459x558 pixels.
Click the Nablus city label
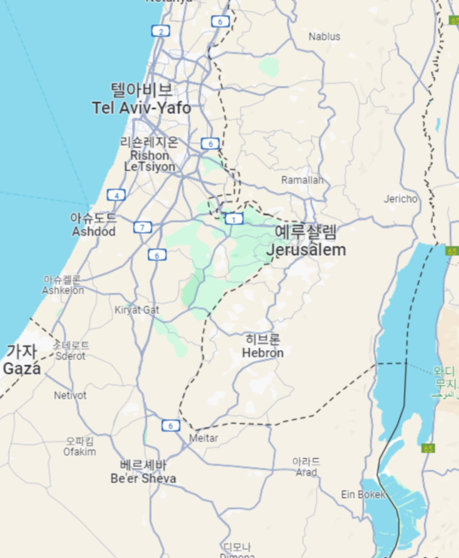point(324,37)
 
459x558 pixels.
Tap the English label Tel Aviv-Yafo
point(141,108)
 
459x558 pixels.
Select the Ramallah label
point(302,180)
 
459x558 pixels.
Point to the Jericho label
point(400,199)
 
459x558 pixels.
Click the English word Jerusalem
point(306,250)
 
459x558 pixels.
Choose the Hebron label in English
point(263,353)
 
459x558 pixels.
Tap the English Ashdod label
point(94,232)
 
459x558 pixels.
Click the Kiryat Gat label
point(137,310)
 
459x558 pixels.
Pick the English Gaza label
point(22,369)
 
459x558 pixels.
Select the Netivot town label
point(70,396)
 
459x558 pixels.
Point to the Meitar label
point(204,438)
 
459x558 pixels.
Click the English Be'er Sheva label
point(143,479)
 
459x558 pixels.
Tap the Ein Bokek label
point(363,494)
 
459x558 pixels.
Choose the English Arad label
point(306,472)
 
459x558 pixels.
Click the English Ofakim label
point(80,452)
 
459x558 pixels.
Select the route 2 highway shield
point(161,32)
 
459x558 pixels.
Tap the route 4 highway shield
point(116,195)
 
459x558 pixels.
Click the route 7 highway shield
point(142,227)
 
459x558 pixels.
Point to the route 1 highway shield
point(234,218)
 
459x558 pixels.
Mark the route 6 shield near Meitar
point(170,425)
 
